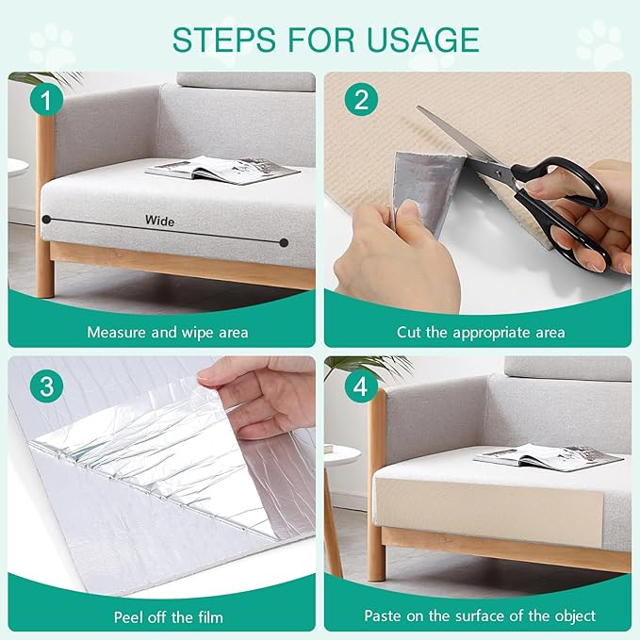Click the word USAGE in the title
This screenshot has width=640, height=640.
pos(423,40)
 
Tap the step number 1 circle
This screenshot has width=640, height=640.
pos(46,100)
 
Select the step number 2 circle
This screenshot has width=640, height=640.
pos(361,99)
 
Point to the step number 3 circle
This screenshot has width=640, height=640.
pos(46,386)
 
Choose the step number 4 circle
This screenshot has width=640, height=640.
pos(361,386)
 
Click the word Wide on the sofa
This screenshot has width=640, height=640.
pos(159,221)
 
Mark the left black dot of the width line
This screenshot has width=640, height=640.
pos(46,220)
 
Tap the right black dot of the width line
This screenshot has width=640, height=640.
pos(284,243)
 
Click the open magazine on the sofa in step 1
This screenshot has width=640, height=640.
pos(222,170)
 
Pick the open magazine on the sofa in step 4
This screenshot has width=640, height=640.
pos(549,457)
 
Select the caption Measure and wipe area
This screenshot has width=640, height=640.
pos(168,332)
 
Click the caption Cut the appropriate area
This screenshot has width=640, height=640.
pos(481,332)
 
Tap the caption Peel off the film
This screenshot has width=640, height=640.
pos(169,616)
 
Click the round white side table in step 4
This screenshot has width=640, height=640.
pos(342,454)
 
